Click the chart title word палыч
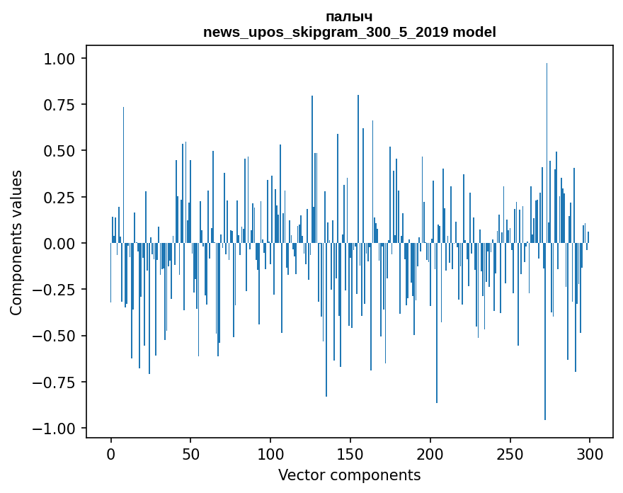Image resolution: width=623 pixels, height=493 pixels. coord(349,16)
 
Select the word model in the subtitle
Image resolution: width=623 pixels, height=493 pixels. coord(474,32)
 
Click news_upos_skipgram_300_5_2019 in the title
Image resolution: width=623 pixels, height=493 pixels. coord(326,32)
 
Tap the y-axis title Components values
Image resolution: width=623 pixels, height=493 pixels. coord(16,242)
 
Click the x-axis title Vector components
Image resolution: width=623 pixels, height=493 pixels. coord(349,475)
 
